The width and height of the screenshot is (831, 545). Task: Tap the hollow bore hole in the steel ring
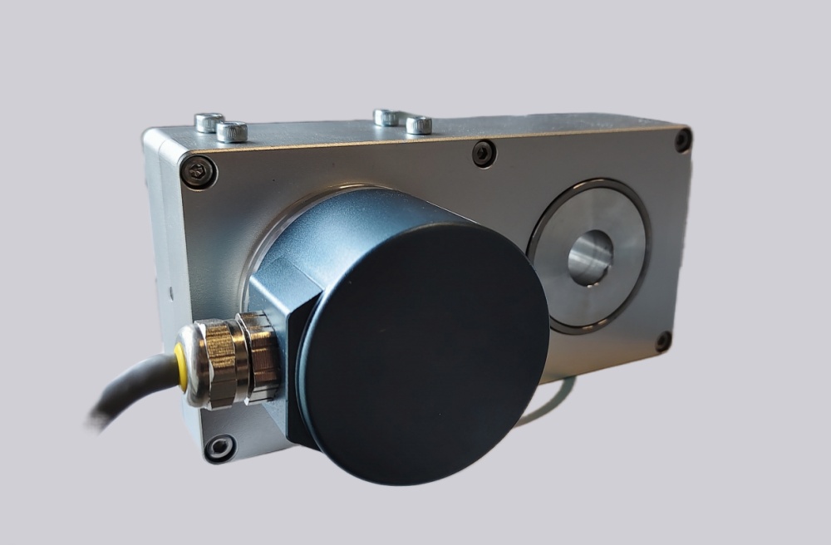pyautogui.click(x=590, y=257)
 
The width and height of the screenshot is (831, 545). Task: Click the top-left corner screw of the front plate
pyautogui.click(x=199, y=172)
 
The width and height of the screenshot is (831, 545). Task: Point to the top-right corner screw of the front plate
pyautogui.click(x=683, y=140)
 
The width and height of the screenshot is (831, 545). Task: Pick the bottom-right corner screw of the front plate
pyautogui.click(x=663, y=341)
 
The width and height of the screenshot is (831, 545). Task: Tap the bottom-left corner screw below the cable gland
pyautogui.click(x=221, y=448)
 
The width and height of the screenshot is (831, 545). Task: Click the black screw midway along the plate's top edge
pyautogui.click(x=484, y=153)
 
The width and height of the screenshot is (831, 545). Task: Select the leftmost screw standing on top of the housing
pyautogui.click(x=209, y=122)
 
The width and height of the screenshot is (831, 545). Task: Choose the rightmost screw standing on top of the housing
pyautogui.click(x=419, y=125)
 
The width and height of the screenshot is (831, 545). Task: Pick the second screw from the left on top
pyautogui.click(x=232, y=130)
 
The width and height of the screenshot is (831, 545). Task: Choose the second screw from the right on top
pyautogui.click(x=386, y=116)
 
